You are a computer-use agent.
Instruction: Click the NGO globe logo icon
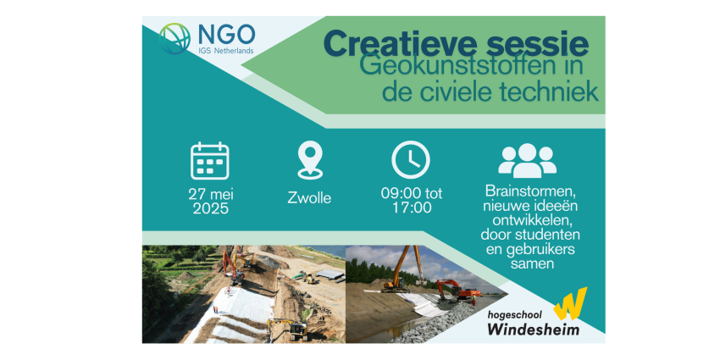click(x=174, y=39)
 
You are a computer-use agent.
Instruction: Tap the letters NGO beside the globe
click(x=226, y=35)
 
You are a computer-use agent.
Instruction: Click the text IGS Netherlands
click(x=226, y=51)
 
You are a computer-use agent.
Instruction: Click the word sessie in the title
click(x=527, y=43)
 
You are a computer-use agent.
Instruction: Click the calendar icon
click(x=210, y=161)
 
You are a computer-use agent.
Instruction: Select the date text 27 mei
click(x=210, y=194)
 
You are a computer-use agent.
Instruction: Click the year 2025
click(x=210, y=209)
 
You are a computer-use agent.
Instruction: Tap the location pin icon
click(x=310, y=160)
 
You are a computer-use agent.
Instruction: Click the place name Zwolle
click(x=309, y=198)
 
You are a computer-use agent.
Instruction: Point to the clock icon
click(x=411, y=160)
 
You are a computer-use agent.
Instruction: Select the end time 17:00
click(x=412, y=208)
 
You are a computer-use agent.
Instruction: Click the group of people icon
click(x=527, y=161)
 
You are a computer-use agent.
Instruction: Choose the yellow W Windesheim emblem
click(x=570, y=303)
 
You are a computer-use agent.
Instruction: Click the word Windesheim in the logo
click(x=533, y=330)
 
